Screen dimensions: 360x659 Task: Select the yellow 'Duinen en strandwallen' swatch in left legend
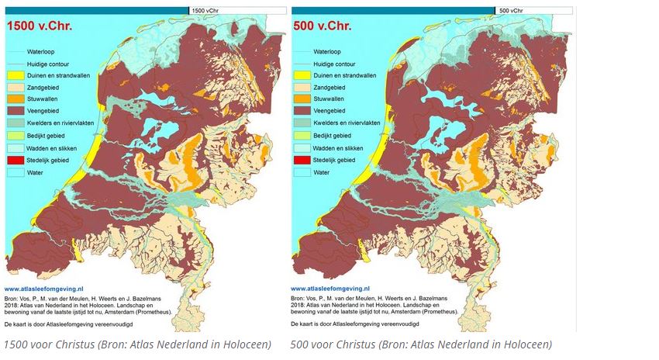(16, 76)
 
